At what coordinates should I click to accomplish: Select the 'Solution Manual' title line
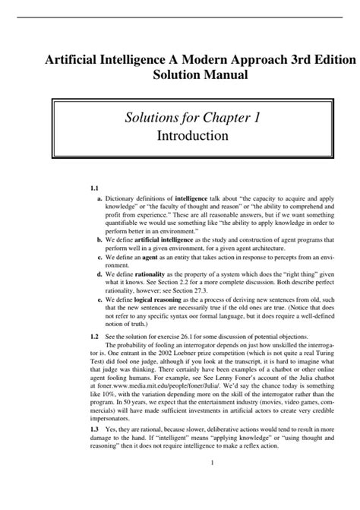click(x=200, y=77)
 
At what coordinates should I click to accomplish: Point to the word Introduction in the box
click(x=192, y=136)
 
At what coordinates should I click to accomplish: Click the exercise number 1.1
click(x=95, y=187)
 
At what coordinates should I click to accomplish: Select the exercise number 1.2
click(x=95, y=335)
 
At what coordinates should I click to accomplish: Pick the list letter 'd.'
click(x=100, y=273)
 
